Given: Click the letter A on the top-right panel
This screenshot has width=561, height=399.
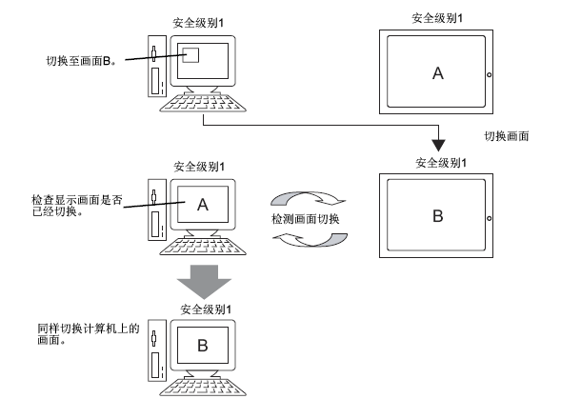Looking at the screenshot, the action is (438, 73).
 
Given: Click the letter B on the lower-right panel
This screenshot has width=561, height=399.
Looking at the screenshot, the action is (438, 216).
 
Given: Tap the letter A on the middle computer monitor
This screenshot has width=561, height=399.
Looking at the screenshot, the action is (203, 205).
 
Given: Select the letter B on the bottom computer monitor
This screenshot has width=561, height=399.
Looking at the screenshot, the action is (203, 346).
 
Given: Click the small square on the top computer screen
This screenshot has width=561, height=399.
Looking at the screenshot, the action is (190, 55).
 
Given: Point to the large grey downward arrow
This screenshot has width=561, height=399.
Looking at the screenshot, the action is (204, 282).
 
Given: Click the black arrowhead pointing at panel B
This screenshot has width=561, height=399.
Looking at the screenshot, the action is (438, 146).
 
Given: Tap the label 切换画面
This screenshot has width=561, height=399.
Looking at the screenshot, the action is (507, 136).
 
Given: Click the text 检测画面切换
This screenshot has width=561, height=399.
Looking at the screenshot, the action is (305, 219).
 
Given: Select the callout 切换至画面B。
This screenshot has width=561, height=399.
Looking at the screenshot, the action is (81, 61).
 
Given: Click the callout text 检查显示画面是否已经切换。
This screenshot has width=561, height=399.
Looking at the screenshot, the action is (77, 206).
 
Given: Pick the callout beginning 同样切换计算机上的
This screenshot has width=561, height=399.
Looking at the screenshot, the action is (88, 334).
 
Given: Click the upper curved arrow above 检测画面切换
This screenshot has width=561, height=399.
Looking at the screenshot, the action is (308, 198).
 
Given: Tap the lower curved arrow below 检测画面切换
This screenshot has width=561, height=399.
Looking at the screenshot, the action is (311, 241).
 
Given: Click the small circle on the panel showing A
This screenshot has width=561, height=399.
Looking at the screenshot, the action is (489, 75).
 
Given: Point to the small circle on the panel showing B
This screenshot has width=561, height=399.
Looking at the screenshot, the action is (489, 218).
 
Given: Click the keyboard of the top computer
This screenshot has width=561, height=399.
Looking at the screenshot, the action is (203, 102).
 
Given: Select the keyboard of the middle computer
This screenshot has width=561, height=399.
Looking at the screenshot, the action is (203, 246).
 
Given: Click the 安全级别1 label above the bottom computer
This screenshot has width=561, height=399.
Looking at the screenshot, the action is (206, 309).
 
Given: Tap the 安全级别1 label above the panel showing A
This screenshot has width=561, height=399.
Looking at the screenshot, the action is (437, 18).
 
